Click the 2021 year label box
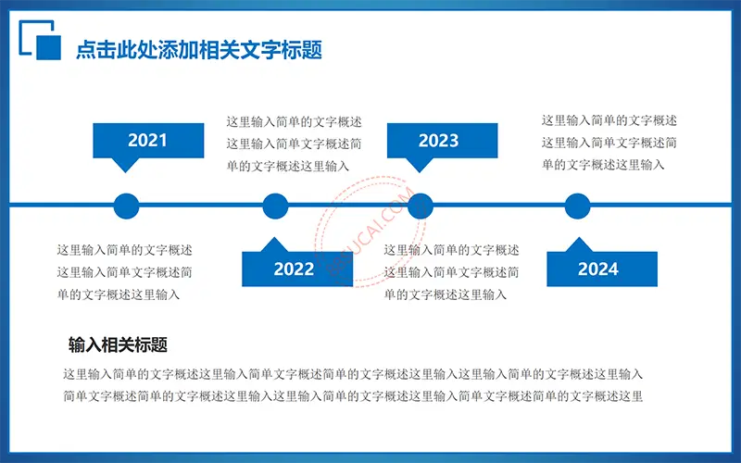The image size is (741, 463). [x=148, y=141]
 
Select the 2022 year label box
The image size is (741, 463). [x=297, y=269]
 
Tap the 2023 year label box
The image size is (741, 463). [x=443, y=141]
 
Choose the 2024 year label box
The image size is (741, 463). [x=602, y=269]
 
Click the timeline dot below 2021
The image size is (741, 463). [x=127, y=206]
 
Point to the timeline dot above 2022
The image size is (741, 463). [x=275, y=206]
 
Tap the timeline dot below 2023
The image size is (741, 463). [x=421, y=206]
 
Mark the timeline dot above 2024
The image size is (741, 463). [x=577, y=206]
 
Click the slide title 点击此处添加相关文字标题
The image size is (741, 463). [x=199, y=50]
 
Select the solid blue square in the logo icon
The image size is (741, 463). [x=49, y=48]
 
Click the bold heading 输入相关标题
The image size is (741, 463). [x=119, y=344]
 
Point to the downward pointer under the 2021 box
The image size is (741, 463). [x=125, y=165]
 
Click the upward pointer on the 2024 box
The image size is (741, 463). [x=579, y=244]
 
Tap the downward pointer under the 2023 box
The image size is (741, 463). [x=420, y=165]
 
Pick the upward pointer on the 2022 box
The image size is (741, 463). [x=274, y=244]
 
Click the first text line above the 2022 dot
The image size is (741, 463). [x=294, y=122]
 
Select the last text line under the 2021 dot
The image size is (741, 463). [x=119, y=294]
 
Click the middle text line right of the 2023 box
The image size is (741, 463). [x=609, y=143]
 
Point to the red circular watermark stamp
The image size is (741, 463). [x=371, y=231]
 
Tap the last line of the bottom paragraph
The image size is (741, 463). [x=353, y=396]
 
